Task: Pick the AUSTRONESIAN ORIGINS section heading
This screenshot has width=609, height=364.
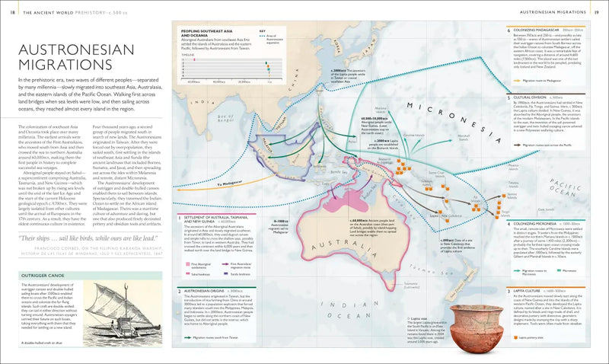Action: point(208,291)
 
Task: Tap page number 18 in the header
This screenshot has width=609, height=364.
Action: point(14,12)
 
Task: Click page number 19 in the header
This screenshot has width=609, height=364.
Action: point(595,12)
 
